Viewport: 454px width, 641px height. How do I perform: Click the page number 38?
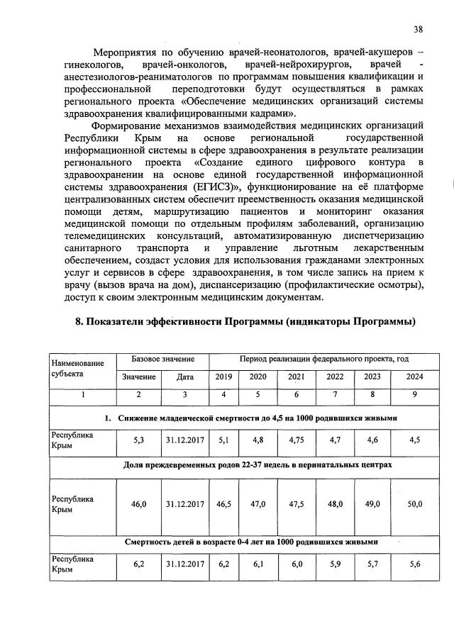click(x=419, y=29)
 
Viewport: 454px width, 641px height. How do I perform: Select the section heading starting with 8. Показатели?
click(x=245, y=322)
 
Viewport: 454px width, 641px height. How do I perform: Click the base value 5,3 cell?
click(x=139, y=440)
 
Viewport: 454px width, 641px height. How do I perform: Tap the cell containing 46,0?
click(x=139, y=504)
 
